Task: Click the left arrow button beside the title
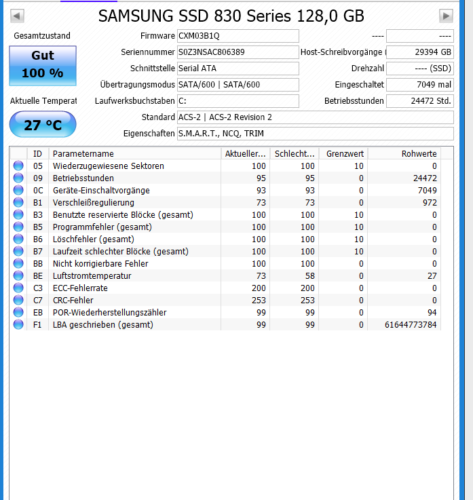pos(18,16)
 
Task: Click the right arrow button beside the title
pos(446,16)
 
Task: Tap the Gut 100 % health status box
pos(42,65)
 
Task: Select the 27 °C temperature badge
pos(42,125)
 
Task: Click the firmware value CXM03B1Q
pos(238,36)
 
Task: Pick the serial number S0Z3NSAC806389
pos(238,52)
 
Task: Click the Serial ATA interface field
pos(238,69)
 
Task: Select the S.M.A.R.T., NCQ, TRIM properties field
pos(315,134)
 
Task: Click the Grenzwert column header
pos(345,154)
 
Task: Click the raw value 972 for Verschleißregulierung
pos(428,203)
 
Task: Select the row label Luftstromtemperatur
pos(92,276)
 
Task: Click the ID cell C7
pos(38,301)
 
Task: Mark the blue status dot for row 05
pos(18,166)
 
